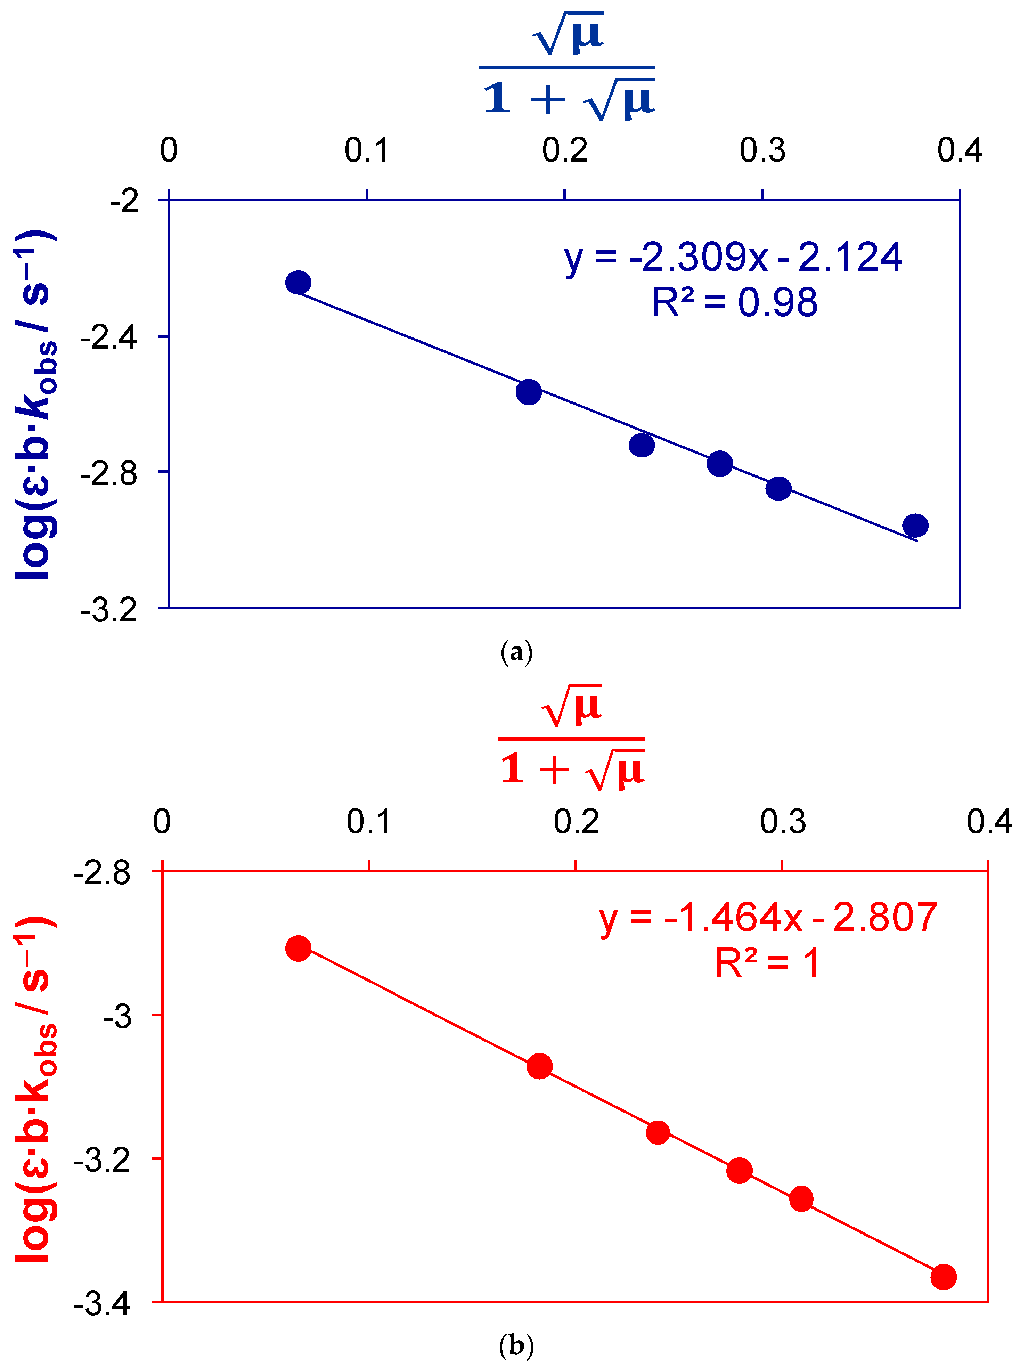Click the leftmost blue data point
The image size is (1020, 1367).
tap(298, 282)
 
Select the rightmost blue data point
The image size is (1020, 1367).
tap(915, 526)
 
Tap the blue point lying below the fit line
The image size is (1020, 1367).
tap(642, 445)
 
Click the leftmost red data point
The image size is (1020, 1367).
tap(298, 949)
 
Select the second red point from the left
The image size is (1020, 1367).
tap(540, 1066)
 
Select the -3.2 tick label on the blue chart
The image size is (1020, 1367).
tap(109, 610)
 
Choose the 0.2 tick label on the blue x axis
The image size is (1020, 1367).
tap(564, 150)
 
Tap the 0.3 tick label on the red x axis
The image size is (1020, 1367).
tap(782, 822)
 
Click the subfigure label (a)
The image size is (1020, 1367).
tap(516, 652)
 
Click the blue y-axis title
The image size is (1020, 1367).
tap(36, 405)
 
